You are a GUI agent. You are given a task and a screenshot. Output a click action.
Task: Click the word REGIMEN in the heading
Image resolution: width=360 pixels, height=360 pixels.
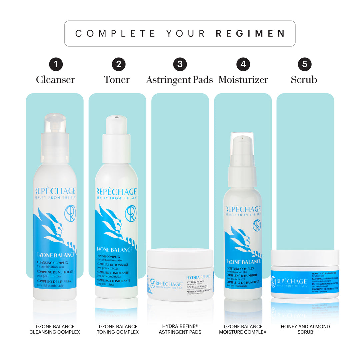click(250, 34)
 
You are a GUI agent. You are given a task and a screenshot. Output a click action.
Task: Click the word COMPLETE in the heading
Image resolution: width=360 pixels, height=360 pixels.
click(115, 34)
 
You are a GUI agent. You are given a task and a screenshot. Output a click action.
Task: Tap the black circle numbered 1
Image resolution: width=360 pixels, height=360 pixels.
click(56, 64)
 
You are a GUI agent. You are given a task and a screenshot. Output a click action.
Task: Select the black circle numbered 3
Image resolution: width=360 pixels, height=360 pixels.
click(180, 64)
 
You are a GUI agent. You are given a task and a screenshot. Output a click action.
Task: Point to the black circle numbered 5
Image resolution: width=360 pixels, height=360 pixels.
click(304, 64)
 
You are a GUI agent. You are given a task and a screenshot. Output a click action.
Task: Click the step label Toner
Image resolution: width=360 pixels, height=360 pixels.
click(117, 80)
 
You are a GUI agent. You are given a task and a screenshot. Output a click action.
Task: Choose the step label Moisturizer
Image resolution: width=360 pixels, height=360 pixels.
click(243, 80)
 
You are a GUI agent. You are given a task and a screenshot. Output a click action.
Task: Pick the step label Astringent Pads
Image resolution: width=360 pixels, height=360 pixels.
click(179, 80)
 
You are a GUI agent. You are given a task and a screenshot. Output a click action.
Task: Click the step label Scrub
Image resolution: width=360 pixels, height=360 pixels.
click(304, 80)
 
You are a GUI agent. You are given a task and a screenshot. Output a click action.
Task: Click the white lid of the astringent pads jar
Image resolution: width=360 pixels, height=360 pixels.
click(180, 257)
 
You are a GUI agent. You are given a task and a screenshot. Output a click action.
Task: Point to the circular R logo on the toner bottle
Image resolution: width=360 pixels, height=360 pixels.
click(130, 213)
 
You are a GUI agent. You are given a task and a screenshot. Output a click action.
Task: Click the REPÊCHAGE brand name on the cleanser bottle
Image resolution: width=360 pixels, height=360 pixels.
click(55, 191)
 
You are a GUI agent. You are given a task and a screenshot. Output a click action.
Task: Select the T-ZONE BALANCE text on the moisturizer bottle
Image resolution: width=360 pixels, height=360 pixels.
click(243, 262)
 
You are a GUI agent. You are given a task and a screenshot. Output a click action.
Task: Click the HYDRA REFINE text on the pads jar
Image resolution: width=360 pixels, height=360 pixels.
click(198, 277)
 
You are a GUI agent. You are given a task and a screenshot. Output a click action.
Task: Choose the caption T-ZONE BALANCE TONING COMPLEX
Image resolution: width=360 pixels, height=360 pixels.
click(118, 329)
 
